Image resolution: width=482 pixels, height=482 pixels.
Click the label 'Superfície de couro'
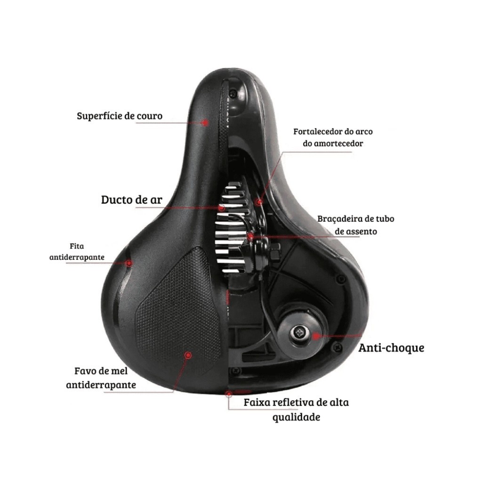pyautogui.click(x=120, y=115)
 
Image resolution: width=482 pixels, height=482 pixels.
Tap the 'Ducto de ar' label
pyautogui.click(x=132, y=200)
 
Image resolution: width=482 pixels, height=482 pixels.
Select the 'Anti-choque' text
pyautogui.click(x=391, y=348)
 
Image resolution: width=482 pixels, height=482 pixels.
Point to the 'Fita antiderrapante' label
pyautogui.click(x=77, y=252)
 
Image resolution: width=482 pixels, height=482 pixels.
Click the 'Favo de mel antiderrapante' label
pyautogui.click(x=101, y=378)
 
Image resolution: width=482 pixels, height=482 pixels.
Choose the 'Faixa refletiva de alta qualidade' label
pyautogui.click(x=296, y=410)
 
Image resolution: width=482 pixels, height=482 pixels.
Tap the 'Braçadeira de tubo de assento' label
pyautogui.click(x=355, y=225)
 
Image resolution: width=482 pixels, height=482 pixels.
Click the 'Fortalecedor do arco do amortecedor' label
pyautogui.click(x=333, y=137)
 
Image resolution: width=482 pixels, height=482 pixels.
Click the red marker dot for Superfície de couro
pyautogui.click(x=205, y=122)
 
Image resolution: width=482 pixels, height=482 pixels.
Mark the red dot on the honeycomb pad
pyautogui.click(x=188, y=355)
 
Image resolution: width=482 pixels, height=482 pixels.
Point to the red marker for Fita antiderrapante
pyautogui.click(x=129, y=263)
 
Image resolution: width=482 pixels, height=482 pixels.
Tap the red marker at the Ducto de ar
pyautogui.click(x=221, y=207)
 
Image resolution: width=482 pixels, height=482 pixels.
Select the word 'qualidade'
pyautogui.click(x=296, y=417)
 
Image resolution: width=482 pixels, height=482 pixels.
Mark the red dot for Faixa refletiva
pyautogui.click(x=229, y=393)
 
